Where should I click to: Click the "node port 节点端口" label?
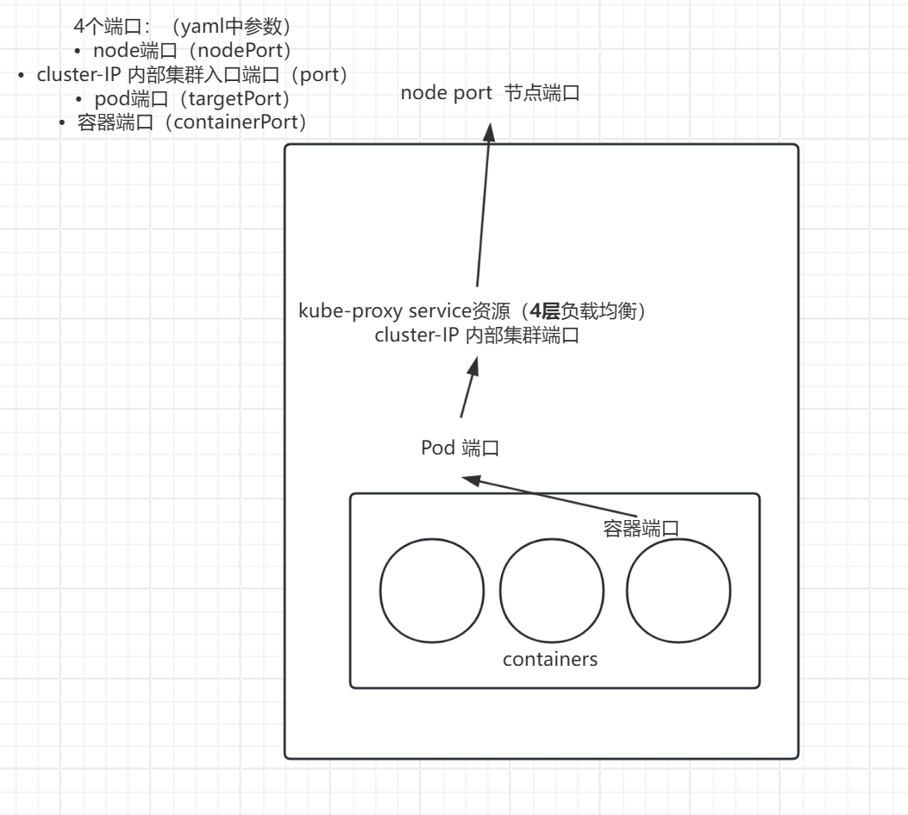pos(490,94)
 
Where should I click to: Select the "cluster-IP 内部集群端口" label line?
pos(475,336)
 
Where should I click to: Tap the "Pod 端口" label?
pos(460,448)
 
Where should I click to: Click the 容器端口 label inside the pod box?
pos(641,528)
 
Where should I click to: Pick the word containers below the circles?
pos(550,660)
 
